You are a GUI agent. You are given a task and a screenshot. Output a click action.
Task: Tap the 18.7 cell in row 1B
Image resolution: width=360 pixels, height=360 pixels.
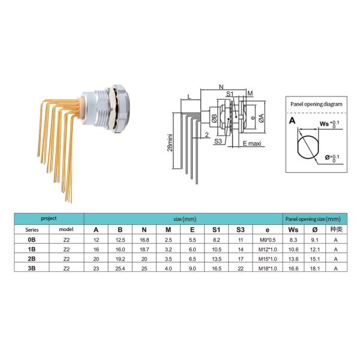pyautogui.click(x=144, y=248)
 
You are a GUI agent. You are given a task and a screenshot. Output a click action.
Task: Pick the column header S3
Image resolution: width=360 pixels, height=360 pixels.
pyautogui.click(x=240, y=229)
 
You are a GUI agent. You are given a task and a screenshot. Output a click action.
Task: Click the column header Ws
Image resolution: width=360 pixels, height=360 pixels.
pyautogui.click(x=293, y=229)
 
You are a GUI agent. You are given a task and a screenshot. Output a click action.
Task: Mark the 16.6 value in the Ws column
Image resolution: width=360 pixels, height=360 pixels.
pyautogui.click(x=293, y=268)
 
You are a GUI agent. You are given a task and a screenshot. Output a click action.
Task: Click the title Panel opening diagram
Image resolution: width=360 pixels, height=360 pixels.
pyautogui.click(x=316, y=104)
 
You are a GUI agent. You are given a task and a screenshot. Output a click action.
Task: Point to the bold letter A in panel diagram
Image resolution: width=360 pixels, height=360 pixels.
pyautogui.click(x=293, y=120)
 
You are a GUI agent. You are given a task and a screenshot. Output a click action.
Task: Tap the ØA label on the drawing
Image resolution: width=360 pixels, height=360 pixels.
pyautogui.click(x=262, y=119)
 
